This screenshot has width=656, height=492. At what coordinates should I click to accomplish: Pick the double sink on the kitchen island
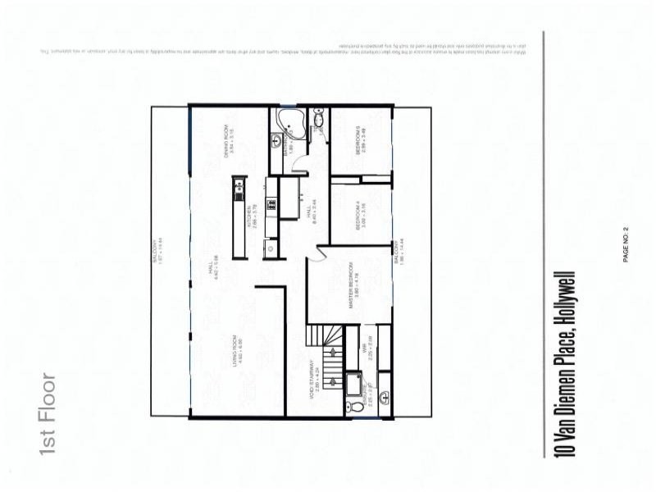coord(239,192)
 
